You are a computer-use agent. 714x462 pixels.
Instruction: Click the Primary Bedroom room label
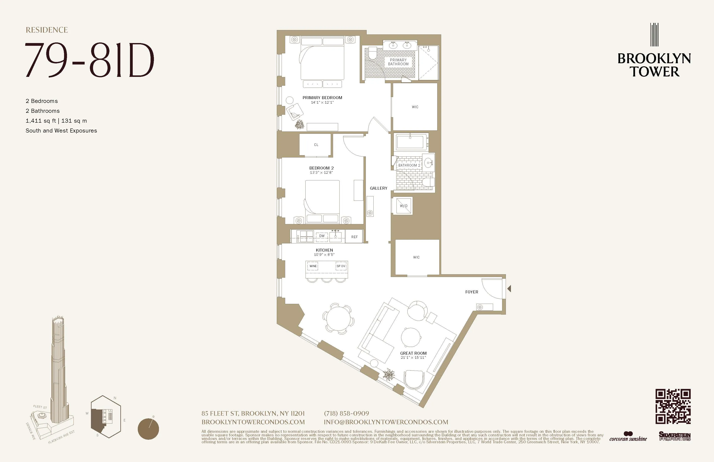(322, 97)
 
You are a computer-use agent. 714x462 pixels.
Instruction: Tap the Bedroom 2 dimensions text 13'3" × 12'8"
(321, 172)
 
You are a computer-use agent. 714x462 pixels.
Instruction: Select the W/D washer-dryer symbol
(403, 206)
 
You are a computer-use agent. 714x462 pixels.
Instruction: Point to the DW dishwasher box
(322, 236)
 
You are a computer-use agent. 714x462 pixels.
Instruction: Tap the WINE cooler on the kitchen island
(313, 266)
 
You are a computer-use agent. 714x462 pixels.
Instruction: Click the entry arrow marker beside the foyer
(509, 289)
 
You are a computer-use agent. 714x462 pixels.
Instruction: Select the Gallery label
(378, 188)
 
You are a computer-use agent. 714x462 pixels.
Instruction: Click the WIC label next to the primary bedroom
(415, 107)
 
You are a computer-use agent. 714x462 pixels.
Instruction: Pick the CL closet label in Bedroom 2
(316, 145)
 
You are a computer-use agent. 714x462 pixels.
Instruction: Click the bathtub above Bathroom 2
(411, 142)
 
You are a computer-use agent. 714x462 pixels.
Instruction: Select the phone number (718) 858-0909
(346, 413)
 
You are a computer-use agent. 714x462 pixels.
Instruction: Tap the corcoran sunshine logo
(628, 437)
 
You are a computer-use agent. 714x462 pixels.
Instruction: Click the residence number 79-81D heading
(89, 60)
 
